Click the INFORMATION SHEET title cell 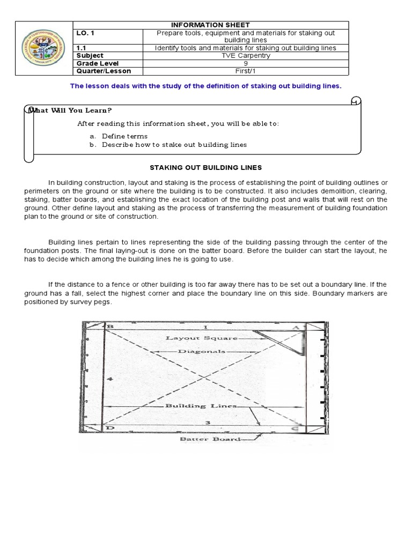tap(210, 25)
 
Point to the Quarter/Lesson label tap(104, 71)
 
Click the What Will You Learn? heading tap(70, 110)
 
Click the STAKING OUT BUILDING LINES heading tap(207, 167)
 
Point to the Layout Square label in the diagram tap(201, 338)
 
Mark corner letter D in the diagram tap(110, 428)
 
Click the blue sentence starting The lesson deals tap(206, 86)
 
